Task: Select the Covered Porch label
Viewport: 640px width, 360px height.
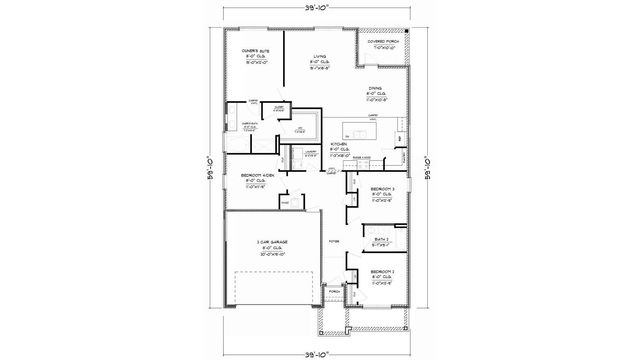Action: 383,43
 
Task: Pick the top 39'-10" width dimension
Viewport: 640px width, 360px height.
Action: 320,12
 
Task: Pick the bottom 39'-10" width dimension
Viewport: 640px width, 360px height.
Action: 320,349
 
